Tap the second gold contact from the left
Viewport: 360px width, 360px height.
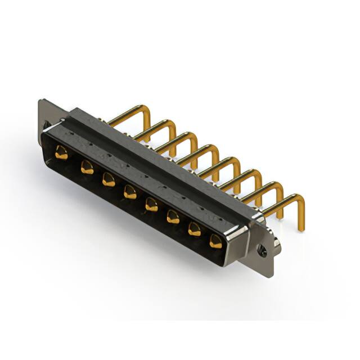pyautogui.click(x=87, y=166)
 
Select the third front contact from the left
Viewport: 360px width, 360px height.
pyautogui.click(x=108, y=179)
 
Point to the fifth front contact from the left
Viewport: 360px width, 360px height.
pyautogui.click(x=151, y=204)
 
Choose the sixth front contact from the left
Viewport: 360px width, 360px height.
pyautogui.click(x=173, y=217)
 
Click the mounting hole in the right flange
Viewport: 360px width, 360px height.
pyautogui.click(x=262, y=247)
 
